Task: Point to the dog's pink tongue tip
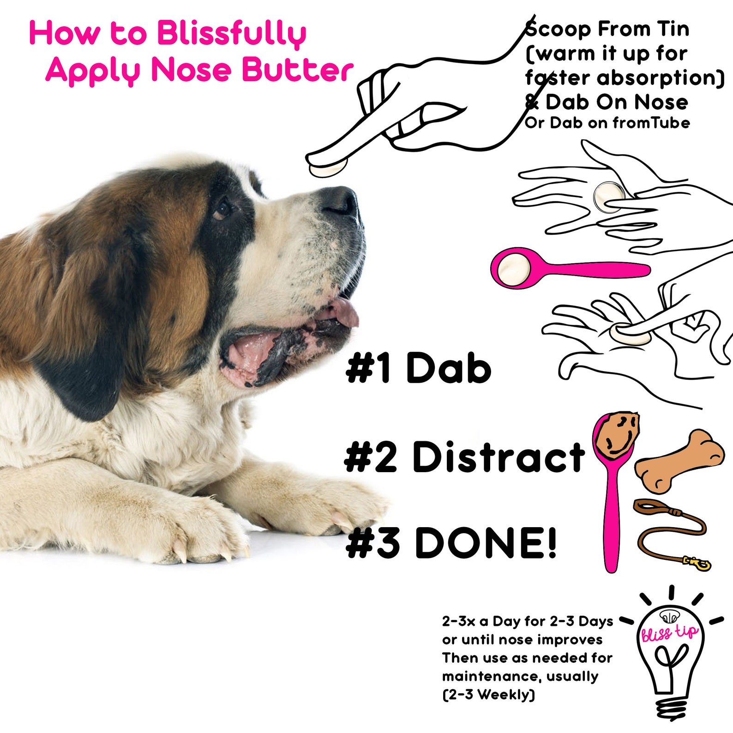pos(348,313)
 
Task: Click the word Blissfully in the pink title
pos(231,34)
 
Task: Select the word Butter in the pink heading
pos(297,70)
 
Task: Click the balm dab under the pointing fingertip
pos(328,169)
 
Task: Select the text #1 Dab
pos(418,367)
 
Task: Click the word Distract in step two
pos(498,457)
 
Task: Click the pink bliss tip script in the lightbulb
pos(669,633)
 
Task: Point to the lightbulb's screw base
pos(672,706)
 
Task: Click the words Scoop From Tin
pos(607,29)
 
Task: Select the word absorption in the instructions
pos(660,78)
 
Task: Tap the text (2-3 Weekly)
pos(488,694)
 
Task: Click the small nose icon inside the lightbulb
pos(669,616)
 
